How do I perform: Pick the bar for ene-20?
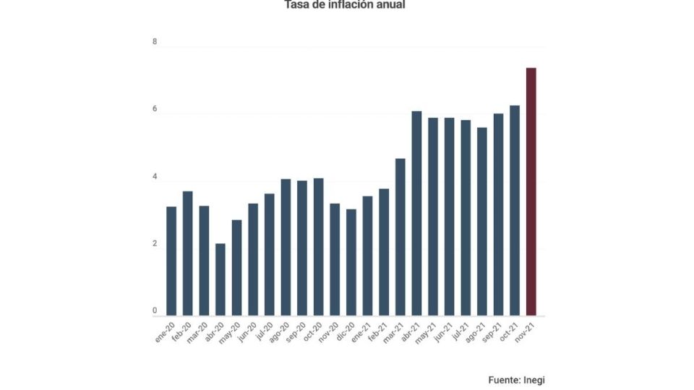tap(171, 261)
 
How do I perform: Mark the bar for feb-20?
tap(187, 253)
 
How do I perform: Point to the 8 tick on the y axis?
tap(155, 42)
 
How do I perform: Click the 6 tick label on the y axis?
tap(155, 109)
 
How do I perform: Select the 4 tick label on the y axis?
tap(155, 176)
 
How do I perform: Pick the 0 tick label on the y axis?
tap(155, 311)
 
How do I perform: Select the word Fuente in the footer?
tap(504, 379)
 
